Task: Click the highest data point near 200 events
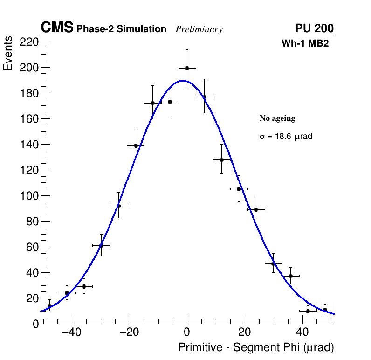tap(187, 68)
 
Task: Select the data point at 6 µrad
tap(204, 97)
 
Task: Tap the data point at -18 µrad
tap(136, 145)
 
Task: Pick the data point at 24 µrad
tap(256, 209)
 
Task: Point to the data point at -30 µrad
tap(101, 245)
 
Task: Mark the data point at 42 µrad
tap(308, 311)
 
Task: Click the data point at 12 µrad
tap(222, 159)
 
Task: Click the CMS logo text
tap(57, 28)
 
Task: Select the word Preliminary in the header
tap(199, 29)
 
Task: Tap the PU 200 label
tap(314, 28)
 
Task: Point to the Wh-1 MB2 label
tap(307, 44)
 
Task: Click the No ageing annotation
tap(277, 118)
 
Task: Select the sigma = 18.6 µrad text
tap(286, 137)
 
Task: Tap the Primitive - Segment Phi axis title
tap(256, 348)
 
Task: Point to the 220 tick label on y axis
tap(28, 42)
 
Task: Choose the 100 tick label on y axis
tap(28, 196)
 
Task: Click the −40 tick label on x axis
tap(71, 332)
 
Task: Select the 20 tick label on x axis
tap(245, 332)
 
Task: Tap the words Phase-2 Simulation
tap(121, 29)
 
